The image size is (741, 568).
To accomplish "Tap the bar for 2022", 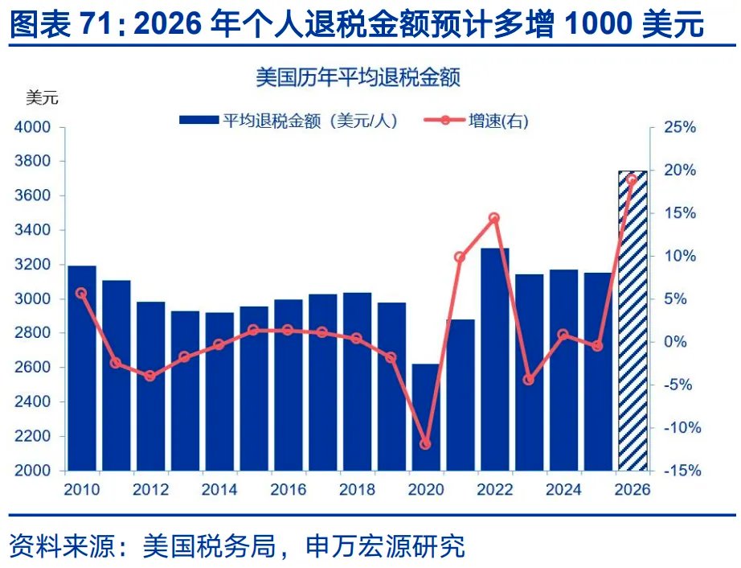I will pos(494,359).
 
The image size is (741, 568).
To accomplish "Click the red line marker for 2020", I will pos(426,444).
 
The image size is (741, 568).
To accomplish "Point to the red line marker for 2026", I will pos(632,179).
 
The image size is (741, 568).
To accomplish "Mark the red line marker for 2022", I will pos(494,218).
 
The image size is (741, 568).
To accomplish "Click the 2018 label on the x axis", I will pos(357,489).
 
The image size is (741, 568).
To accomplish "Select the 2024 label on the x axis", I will pos(563,489).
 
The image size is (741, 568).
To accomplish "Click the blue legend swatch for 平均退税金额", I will pos(198,121).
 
